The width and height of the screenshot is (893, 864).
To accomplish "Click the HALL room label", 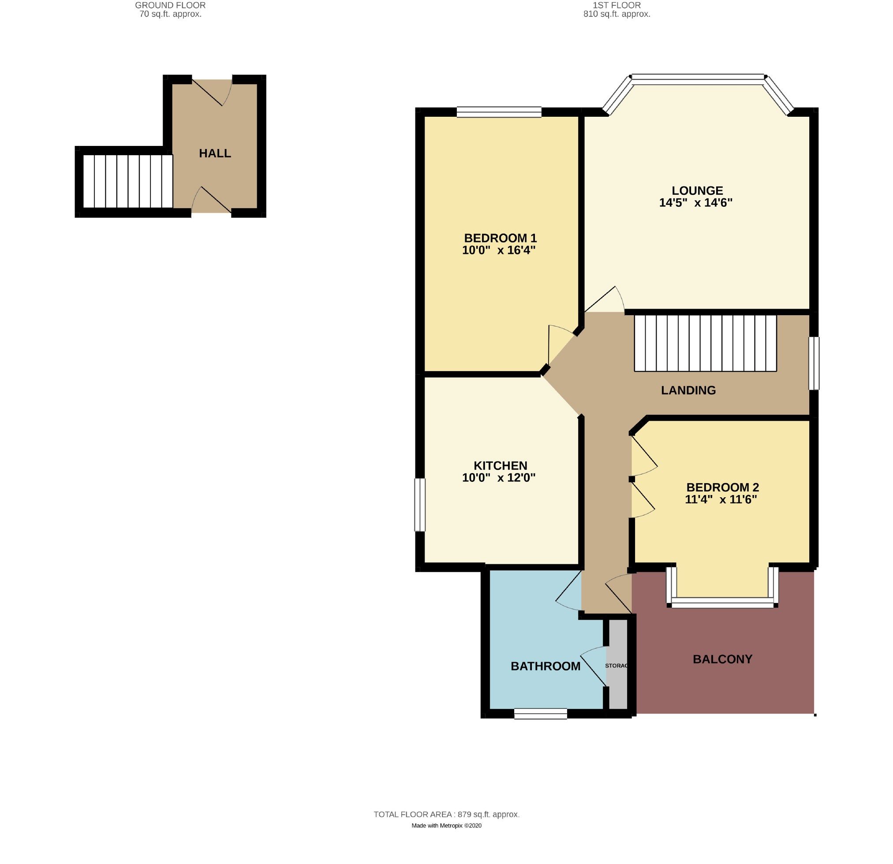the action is point(215,153).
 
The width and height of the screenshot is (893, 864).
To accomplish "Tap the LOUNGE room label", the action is point(697,191).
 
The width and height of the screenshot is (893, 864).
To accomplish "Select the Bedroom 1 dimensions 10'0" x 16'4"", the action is point(498,250).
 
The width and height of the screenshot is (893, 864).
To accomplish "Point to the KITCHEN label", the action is point(500,466).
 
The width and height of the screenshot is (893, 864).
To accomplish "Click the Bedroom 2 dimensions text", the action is point(721,499).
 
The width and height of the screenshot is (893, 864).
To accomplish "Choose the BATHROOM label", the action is point(546,667).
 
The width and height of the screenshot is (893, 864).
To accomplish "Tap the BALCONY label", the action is point(722,659).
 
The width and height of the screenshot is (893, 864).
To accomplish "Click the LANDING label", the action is point(688,390).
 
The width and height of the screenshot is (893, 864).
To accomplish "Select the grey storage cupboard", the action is point(618,664).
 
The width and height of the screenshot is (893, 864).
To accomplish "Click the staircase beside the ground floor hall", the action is point(128,181).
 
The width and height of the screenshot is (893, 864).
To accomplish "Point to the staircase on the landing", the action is point(705,343).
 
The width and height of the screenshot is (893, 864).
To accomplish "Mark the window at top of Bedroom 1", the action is point(499,112).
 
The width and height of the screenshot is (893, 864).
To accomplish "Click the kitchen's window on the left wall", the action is point(420,505).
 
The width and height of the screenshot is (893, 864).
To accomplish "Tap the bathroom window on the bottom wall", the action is point(540,714).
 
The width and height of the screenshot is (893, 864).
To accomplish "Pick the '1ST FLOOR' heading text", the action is point(617,5).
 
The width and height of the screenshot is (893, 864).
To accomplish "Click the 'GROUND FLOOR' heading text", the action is point(170,5).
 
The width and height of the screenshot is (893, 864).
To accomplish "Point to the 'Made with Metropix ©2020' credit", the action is point(446,825).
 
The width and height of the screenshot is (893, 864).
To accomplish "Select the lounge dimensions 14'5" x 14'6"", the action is point(696,203).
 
